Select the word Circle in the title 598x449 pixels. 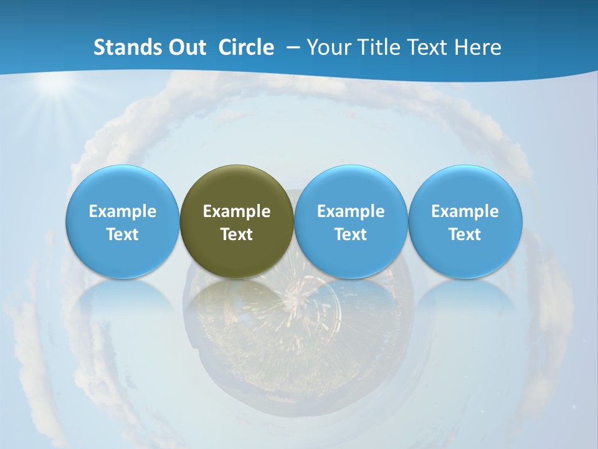click(246, 47)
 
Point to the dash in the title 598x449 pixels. click(292, 48)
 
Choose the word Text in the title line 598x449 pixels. click(427, 47)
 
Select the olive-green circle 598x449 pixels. click(237, 221)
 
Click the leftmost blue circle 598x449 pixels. click(123, 221)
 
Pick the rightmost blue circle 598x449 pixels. click(465, 221)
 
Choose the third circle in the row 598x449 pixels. click(351, 221)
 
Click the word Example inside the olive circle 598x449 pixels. click(237, 211)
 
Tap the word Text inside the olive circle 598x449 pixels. click(237, 234)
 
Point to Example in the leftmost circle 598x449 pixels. click(123, 211)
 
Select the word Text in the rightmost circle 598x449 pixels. click(465, 234)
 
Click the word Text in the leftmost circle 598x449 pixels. click(123, 234)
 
